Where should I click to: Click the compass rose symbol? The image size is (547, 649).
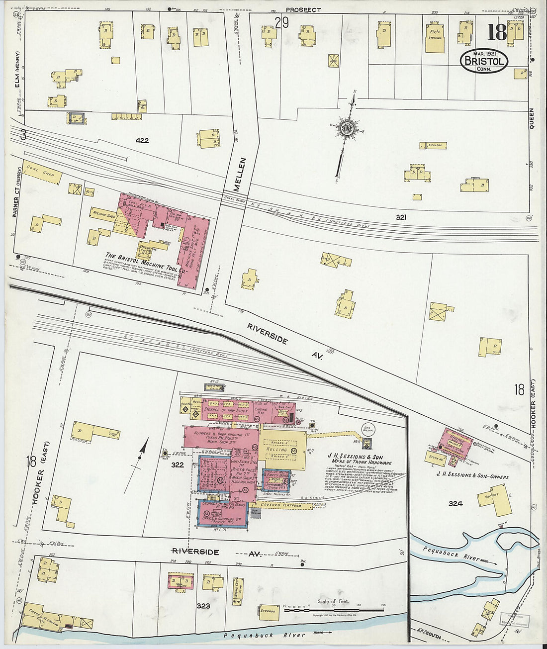(346, 128)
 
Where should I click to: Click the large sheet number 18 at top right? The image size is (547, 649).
(496, 32)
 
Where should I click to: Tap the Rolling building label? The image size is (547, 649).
(277, 449)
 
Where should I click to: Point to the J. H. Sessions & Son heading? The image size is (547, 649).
(355, 457)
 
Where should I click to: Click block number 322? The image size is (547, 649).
(178, 465)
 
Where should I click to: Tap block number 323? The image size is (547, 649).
(203, 606)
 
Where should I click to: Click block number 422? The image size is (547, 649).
(142, 141)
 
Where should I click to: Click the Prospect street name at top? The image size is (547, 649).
(303, 9)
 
